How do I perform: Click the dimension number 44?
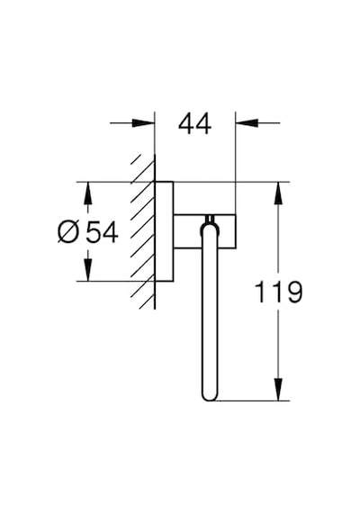tap(194, 124)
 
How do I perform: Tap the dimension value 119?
tap(278, 292)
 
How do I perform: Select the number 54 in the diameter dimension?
tap(102, 232)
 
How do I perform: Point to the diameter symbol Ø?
tap(68, 232)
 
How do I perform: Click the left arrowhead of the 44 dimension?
tap(143, 123)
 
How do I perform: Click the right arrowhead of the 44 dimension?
tap(247, 123)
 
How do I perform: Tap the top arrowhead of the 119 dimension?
tap(278, 193)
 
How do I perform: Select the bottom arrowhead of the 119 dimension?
tap(278, 389)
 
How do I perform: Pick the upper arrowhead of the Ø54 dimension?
tap(88, 193)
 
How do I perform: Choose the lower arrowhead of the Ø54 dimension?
tap(88, 270)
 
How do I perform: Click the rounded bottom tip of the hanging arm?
tap(209, 398)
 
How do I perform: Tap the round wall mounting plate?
tap(164, 231)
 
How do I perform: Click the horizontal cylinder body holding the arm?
tap(204, 231)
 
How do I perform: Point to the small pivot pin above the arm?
tap(210, 220)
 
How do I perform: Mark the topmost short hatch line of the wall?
tap(136, 159)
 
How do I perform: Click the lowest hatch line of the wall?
tap(147, 301)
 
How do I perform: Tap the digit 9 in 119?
tap(294, 292)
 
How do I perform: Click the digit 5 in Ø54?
tap(94, 232)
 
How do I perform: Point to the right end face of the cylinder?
tap(236, 231)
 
